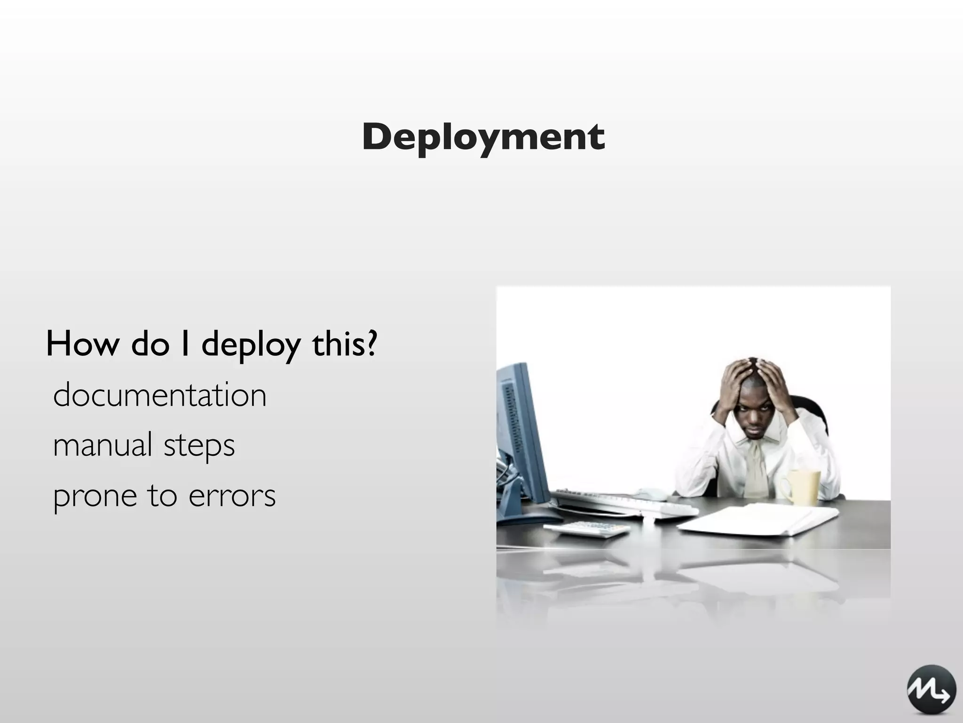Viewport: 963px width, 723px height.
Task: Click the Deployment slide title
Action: click(483, 137)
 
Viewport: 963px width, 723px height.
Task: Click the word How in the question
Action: click(83, 344)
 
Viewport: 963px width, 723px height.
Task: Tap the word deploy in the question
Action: click(251, 346)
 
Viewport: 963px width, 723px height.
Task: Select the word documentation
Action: click(160, 395)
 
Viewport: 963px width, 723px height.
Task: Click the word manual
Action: click(103, 445)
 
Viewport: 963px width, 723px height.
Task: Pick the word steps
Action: click(199, 446)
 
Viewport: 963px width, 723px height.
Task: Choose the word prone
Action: click(95, 497)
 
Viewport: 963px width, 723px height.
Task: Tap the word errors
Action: click(232, 496)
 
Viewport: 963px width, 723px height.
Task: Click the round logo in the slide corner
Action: click(931, 689)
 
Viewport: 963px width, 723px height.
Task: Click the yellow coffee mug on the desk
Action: click(802, 487)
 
